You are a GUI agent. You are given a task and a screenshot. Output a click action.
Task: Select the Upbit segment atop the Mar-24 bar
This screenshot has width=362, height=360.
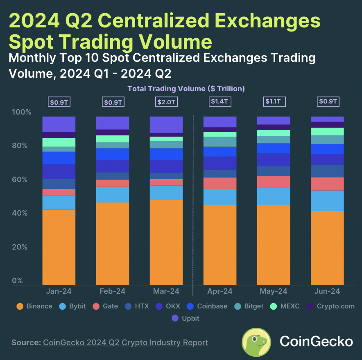(166, 124)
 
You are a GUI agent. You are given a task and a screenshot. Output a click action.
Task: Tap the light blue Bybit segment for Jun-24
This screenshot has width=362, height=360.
(327, 200)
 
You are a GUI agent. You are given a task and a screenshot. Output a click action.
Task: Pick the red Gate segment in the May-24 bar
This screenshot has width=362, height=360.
(273, 182)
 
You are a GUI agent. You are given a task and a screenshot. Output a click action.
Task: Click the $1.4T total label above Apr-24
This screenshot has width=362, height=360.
(220, 101)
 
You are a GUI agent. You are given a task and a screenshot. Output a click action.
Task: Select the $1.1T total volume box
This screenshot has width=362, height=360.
(273, 101)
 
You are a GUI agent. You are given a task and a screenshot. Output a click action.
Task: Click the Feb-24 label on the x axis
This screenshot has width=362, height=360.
(112, 291)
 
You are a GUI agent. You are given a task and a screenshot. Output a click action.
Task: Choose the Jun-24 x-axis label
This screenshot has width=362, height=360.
(327, 291)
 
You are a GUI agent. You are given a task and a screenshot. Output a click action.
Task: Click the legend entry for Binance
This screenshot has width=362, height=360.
(34, 306)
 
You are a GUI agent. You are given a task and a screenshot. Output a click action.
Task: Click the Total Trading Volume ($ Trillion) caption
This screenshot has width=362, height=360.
(186, 88)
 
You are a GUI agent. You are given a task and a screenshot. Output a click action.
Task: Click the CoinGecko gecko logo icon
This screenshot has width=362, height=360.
(256, 342)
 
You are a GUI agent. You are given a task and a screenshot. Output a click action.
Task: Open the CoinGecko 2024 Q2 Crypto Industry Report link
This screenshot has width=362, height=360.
(125, 342)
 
